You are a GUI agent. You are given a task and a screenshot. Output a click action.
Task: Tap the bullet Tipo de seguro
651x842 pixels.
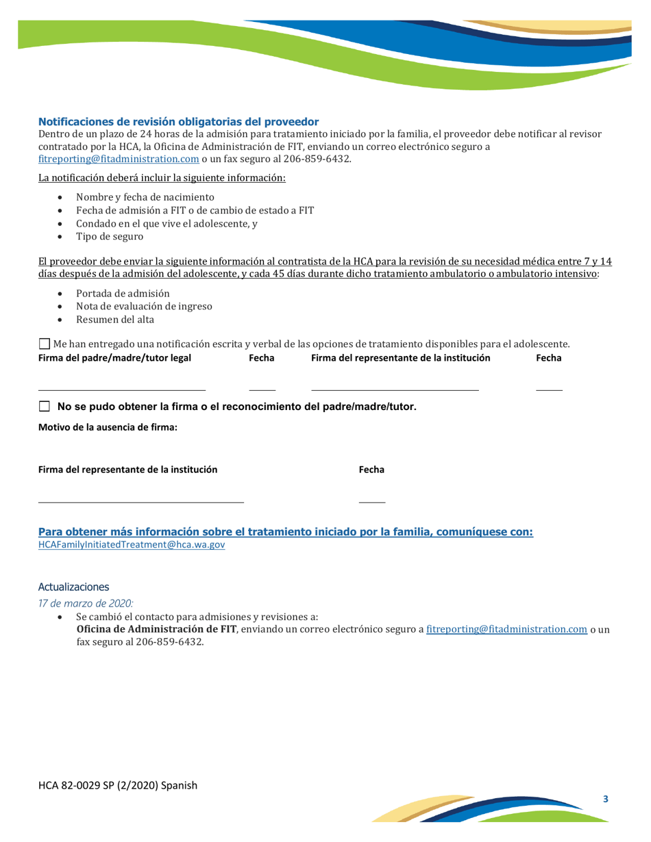pyautogui.click(x=110, y=237)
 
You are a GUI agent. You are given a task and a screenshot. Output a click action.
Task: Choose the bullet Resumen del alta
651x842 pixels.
pyautogui.click(x=114, y=319)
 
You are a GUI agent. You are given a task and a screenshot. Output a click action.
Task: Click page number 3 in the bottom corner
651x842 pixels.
pyautogui.click(x=605, y=800)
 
